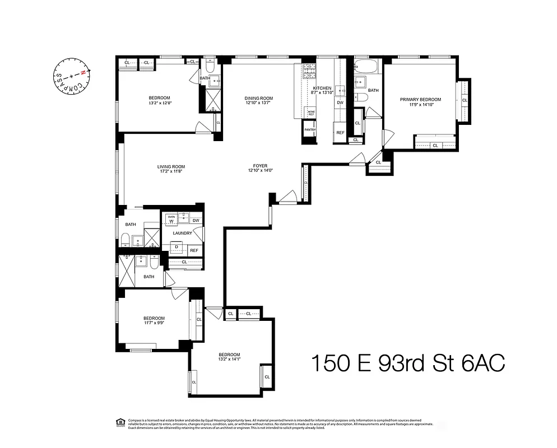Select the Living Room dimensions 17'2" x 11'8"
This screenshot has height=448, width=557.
(x=171, y=172)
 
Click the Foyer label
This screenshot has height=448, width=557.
(x=259, y=166)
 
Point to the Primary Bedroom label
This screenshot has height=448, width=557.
(x=420, y=100)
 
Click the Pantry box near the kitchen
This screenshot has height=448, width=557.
(x=310, y=130)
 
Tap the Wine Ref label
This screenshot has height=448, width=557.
(x=310, y=113)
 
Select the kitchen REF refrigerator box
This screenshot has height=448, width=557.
(x=340, y=133)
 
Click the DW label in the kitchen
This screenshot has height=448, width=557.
(x=340, y=102)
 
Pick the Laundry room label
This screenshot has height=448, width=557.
(x=183, y=233)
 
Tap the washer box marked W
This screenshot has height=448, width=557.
(x=171, y=221)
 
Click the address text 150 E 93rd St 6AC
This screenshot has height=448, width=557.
(x=408, y=363)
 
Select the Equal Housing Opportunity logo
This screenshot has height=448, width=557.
(x=119, y=422)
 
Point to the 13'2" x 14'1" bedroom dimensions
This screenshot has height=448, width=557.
(x=229, y=360)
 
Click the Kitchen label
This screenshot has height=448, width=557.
(x=322, y=88)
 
